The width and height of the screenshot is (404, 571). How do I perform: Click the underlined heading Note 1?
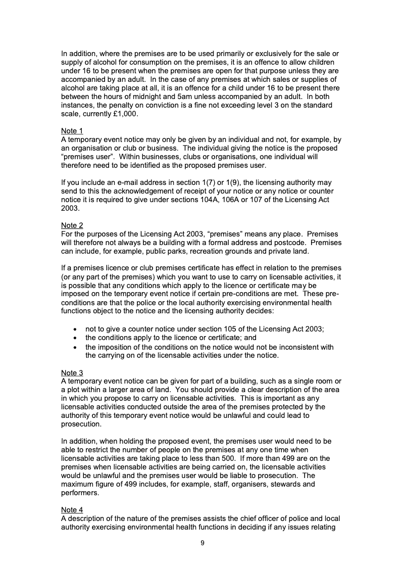72,131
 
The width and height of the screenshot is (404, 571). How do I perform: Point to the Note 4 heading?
72,510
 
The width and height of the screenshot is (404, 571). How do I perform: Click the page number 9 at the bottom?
202,543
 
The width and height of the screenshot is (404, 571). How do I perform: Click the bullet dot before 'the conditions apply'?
75,338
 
